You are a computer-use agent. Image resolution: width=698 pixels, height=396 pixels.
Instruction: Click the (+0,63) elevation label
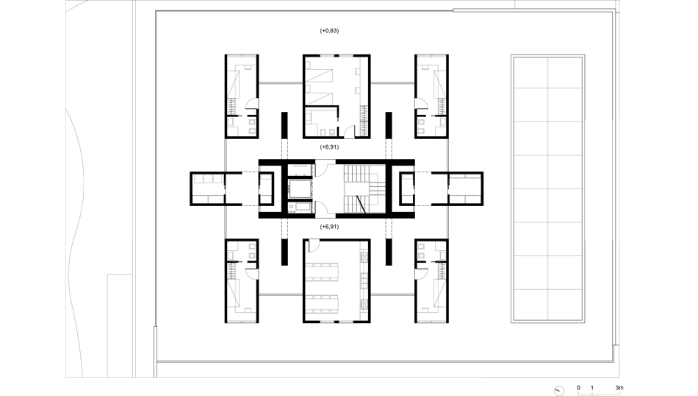tap(329, 31)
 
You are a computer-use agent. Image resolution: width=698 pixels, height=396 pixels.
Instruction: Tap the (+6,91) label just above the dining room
tap(329, 227)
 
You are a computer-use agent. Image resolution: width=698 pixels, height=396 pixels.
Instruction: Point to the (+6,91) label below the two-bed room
tap(329, 146)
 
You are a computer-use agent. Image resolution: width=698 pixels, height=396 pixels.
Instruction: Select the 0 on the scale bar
tap(578, 387)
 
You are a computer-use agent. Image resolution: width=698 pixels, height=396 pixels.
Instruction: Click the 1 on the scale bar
tap(591, 387)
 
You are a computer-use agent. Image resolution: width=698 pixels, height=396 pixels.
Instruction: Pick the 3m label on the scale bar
tap(619, 387)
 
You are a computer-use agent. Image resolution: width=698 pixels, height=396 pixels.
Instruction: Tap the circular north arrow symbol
tap(559, 391)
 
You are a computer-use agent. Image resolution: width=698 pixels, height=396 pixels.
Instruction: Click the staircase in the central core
tap(364, 188)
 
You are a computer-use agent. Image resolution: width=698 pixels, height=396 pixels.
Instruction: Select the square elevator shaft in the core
tap(300, 188)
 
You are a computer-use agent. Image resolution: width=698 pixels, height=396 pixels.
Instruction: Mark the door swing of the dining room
tap(314, 246)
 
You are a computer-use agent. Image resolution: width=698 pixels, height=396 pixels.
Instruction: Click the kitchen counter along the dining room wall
tap(364, 281)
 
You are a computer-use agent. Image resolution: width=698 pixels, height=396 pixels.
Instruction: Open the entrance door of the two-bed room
tap(350, 132)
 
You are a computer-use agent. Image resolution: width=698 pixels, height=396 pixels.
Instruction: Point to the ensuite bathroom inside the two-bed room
tap(321, 121)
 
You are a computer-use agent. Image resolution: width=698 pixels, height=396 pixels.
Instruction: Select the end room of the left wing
tap(208, 188)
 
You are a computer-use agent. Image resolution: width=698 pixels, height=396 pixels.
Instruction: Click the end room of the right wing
tap(465, 188)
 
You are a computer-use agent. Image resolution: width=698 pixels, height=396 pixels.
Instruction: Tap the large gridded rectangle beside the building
tap(548, 188)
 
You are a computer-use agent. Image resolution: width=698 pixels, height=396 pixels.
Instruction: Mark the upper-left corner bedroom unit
tap(242, 96)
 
